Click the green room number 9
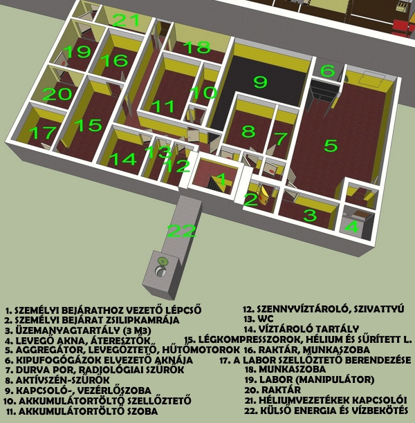[x=260, y=82]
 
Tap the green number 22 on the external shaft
[x=181, y=231]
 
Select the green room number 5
[x=331, y=145]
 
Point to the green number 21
[x=126, y=20]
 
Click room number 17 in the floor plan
[x=43, y=133]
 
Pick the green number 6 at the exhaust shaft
[x=328, y=70]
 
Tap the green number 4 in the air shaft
[x=352, y=226]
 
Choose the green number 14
[x=123, y=159]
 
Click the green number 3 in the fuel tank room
[x=310, y=215]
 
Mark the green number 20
[x=57, y=95]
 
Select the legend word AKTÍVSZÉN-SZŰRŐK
[x=63, y=380]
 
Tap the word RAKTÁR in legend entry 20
[x=281, y=390]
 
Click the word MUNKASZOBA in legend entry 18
[x=293, y=369]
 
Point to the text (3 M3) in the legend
[x=133, y=330]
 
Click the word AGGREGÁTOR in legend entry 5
[x=50, y=350]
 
